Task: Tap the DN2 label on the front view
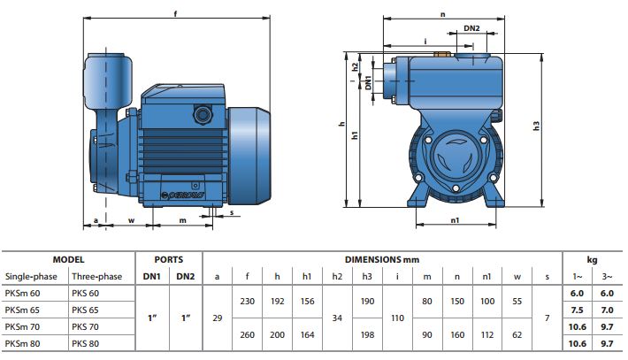[471, 28]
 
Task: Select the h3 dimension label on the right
[536, 126]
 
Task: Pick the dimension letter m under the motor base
[183, 220]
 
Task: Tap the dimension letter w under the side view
[131, 220]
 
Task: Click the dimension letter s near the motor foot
[231, 211]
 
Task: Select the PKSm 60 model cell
[23, 293]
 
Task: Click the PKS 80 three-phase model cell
[85, 343]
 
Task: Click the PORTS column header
[168, 260]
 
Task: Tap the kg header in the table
[592, 260]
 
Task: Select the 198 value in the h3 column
[367, 335]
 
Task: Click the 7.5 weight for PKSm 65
[577, 310]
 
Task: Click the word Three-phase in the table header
[98, 276]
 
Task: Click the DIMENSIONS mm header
[382, 260]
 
